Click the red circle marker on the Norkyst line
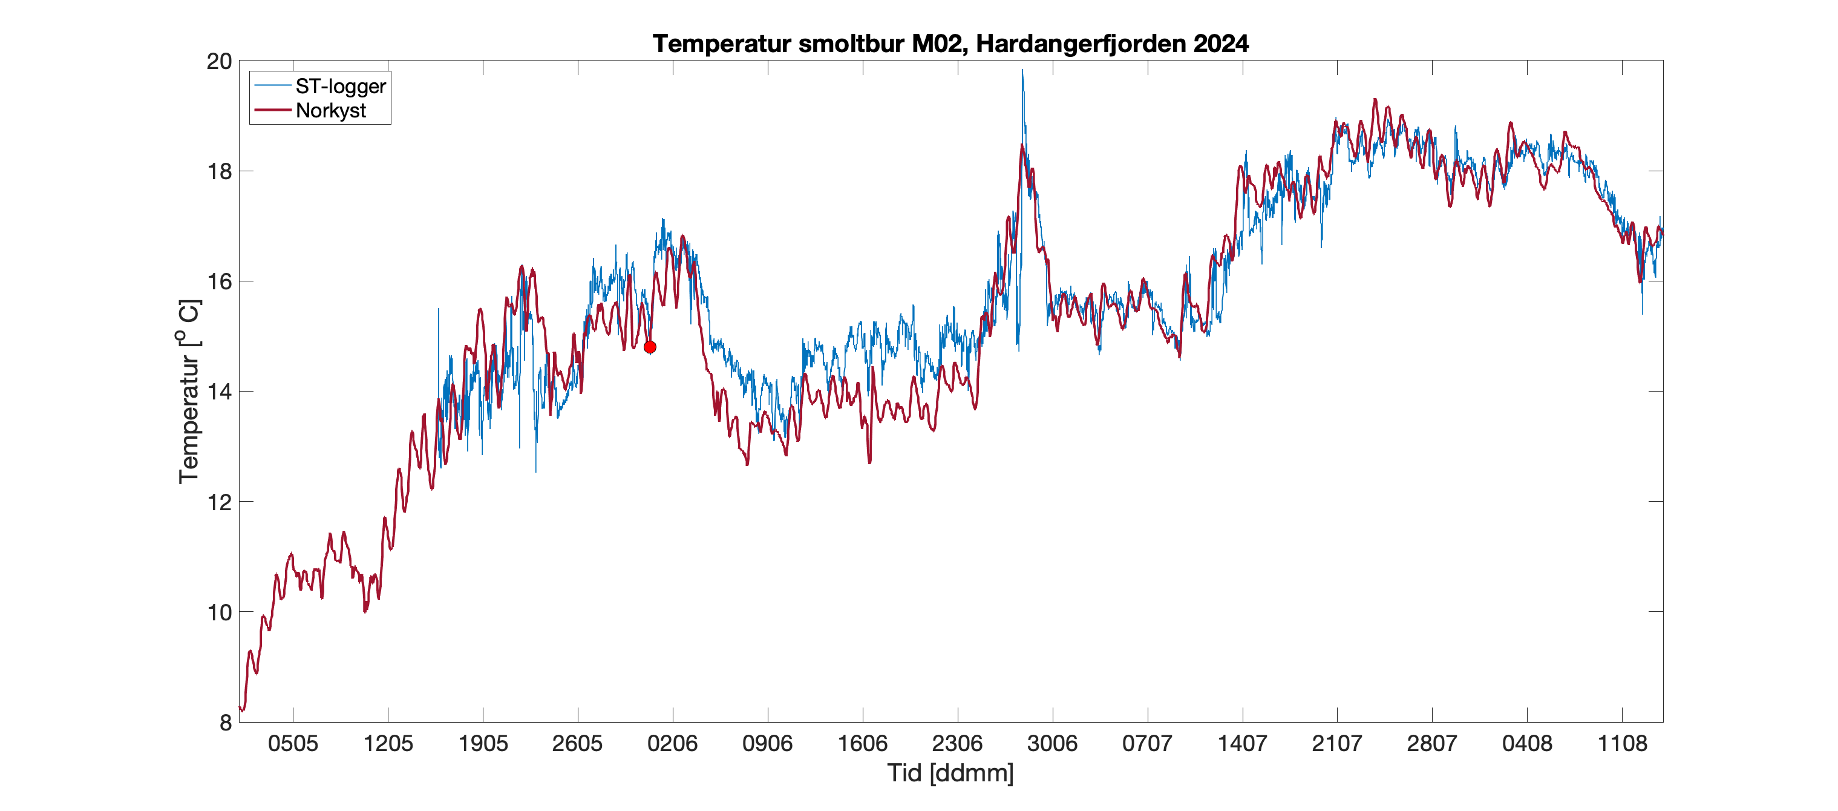(649, 347)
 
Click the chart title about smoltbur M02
(950, 44)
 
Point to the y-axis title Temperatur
(189, 391)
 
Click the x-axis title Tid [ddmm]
(950, 772)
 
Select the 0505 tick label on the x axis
(293, 743)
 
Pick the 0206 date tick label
(672, 743)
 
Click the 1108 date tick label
(1622, 743)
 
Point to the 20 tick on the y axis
(219, 61)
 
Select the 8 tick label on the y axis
(226, 723)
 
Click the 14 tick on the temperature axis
(219, 391)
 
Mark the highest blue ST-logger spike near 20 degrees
(1022, 71)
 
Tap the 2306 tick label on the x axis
(957, 743)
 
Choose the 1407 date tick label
(1241, 743)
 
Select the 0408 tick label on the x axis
(1527, 743)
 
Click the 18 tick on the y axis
(219, 171)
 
